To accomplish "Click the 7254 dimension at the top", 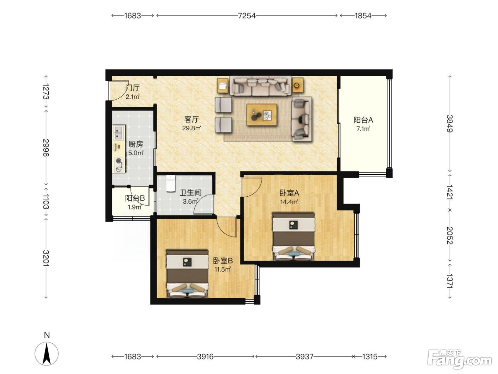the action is click(247, 16).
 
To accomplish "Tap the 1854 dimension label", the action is click(363, 16).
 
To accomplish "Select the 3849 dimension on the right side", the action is click(450, 124).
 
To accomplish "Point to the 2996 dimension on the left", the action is click(46, 147).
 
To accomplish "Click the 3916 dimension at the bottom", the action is click(205, 357).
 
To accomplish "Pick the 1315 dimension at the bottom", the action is click(370, 357).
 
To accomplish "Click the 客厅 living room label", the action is click(191, 119).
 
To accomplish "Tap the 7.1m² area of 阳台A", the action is click(363, 129).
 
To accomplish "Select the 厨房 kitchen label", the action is click(136, 144).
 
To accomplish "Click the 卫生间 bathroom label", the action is click(191, 193).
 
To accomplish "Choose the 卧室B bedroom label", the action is click(223, 261).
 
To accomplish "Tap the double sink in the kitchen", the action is click(118, 133).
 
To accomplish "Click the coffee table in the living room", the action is click(262, 115).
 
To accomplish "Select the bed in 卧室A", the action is click(293, 237).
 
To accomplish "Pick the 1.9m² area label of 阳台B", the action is click(134, 207).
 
